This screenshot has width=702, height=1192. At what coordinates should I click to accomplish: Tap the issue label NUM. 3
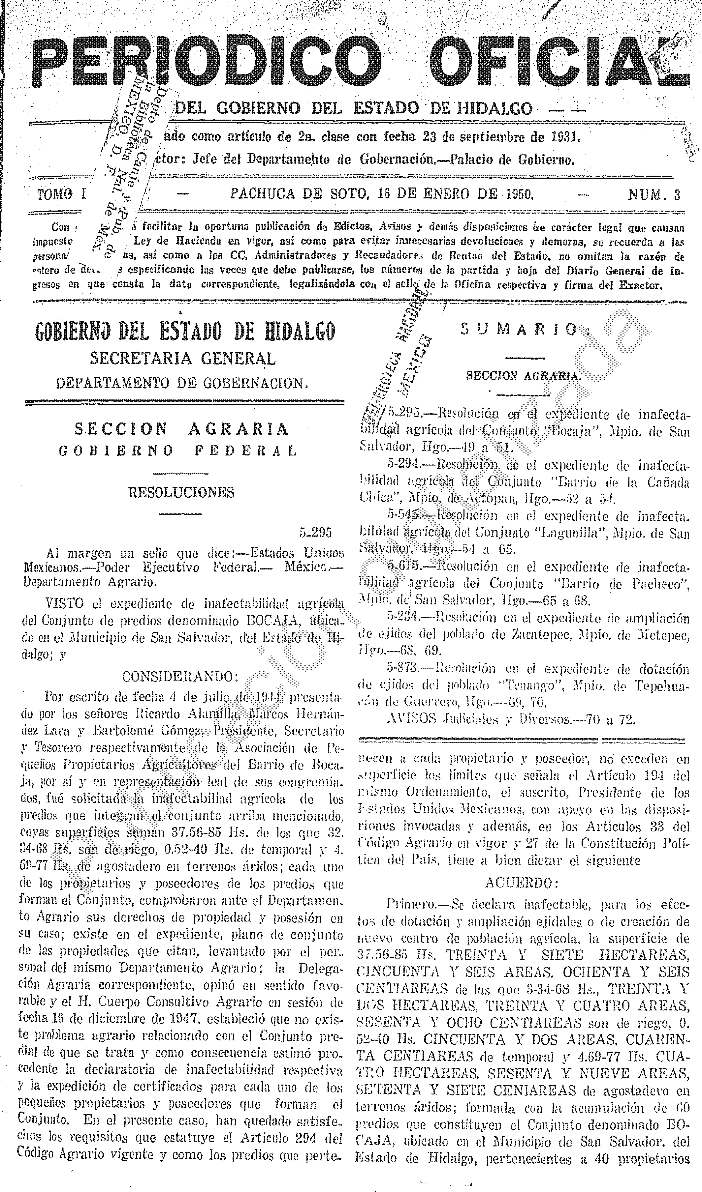click(x=654, y=194)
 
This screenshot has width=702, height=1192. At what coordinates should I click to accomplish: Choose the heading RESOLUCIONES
click(x=181, y=492)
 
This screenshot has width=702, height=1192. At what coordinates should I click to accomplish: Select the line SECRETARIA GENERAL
click(x=183, y=359)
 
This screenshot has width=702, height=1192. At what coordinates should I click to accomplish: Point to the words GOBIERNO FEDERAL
click(x=178, y=451)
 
